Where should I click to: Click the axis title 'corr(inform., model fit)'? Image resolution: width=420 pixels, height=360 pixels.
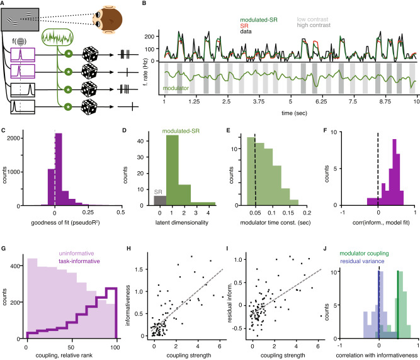pos(377,225)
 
